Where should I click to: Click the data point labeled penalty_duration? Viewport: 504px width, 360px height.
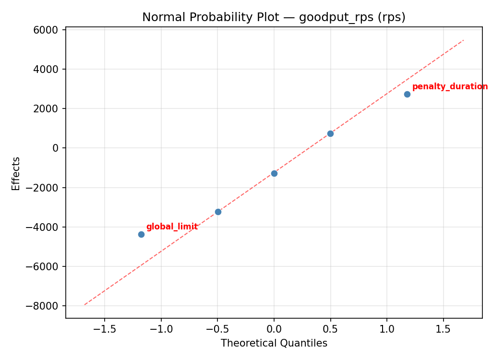(407, 94)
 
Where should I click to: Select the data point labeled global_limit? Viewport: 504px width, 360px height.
(141, 234)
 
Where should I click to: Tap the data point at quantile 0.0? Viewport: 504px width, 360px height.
(274, 173)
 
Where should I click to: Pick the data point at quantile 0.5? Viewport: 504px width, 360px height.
(330, 133)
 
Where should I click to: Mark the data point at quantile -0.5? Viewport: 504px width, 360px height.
(218, 212)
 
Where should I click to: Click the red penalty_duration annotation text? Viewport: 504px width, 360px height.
(450, 87)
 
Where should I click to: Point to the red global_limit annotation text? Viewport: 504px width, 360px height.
(172, 227)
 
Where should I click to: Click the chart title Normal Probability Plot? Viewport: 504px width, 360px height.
(274, 17)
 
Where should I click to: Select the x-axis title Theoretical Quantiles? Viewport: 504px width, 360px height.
(274, 343)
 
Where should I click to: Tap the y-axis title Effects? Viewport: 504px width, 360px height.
(16, 173)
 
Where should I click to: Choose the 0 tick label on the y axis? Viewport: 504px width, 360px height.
(56, 148)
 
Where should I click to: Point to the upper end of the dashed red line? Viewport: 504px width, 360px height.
(463, 40)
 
